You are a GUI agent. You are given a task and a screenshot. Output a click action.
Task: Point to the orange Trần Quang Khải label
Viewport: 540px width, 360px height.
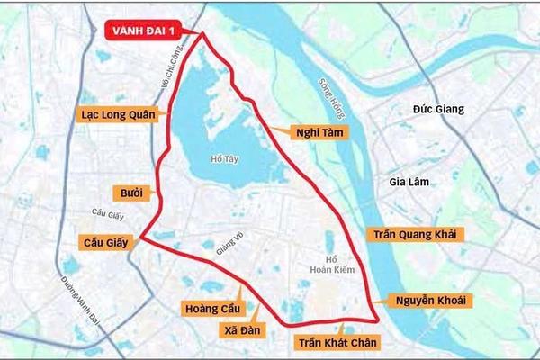click(x=415, y=234)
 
